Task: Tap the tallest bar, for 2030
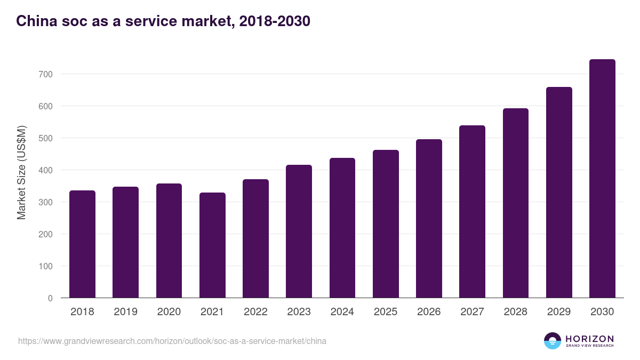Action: coord(602,178)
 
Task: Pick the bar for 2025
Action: coord(386,223)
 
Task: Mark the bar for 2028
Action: coord(516,203)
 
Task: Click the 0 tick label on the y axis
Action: coord(50,298)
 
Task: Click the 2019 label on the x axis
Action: coord(125,311)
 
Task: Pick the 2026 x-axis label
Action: coord(429,311)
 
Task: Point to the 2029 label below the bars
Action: coord(559,311)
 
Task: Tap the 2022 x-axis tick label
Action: coord(255,311)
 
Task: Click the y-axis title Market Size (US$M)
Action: coord(21,172)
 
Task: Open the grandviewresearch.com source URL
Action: coord(172,341)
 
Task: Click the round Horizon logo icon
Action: coord(553,341)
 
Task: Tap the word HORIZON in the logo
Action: coord(589,338)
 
